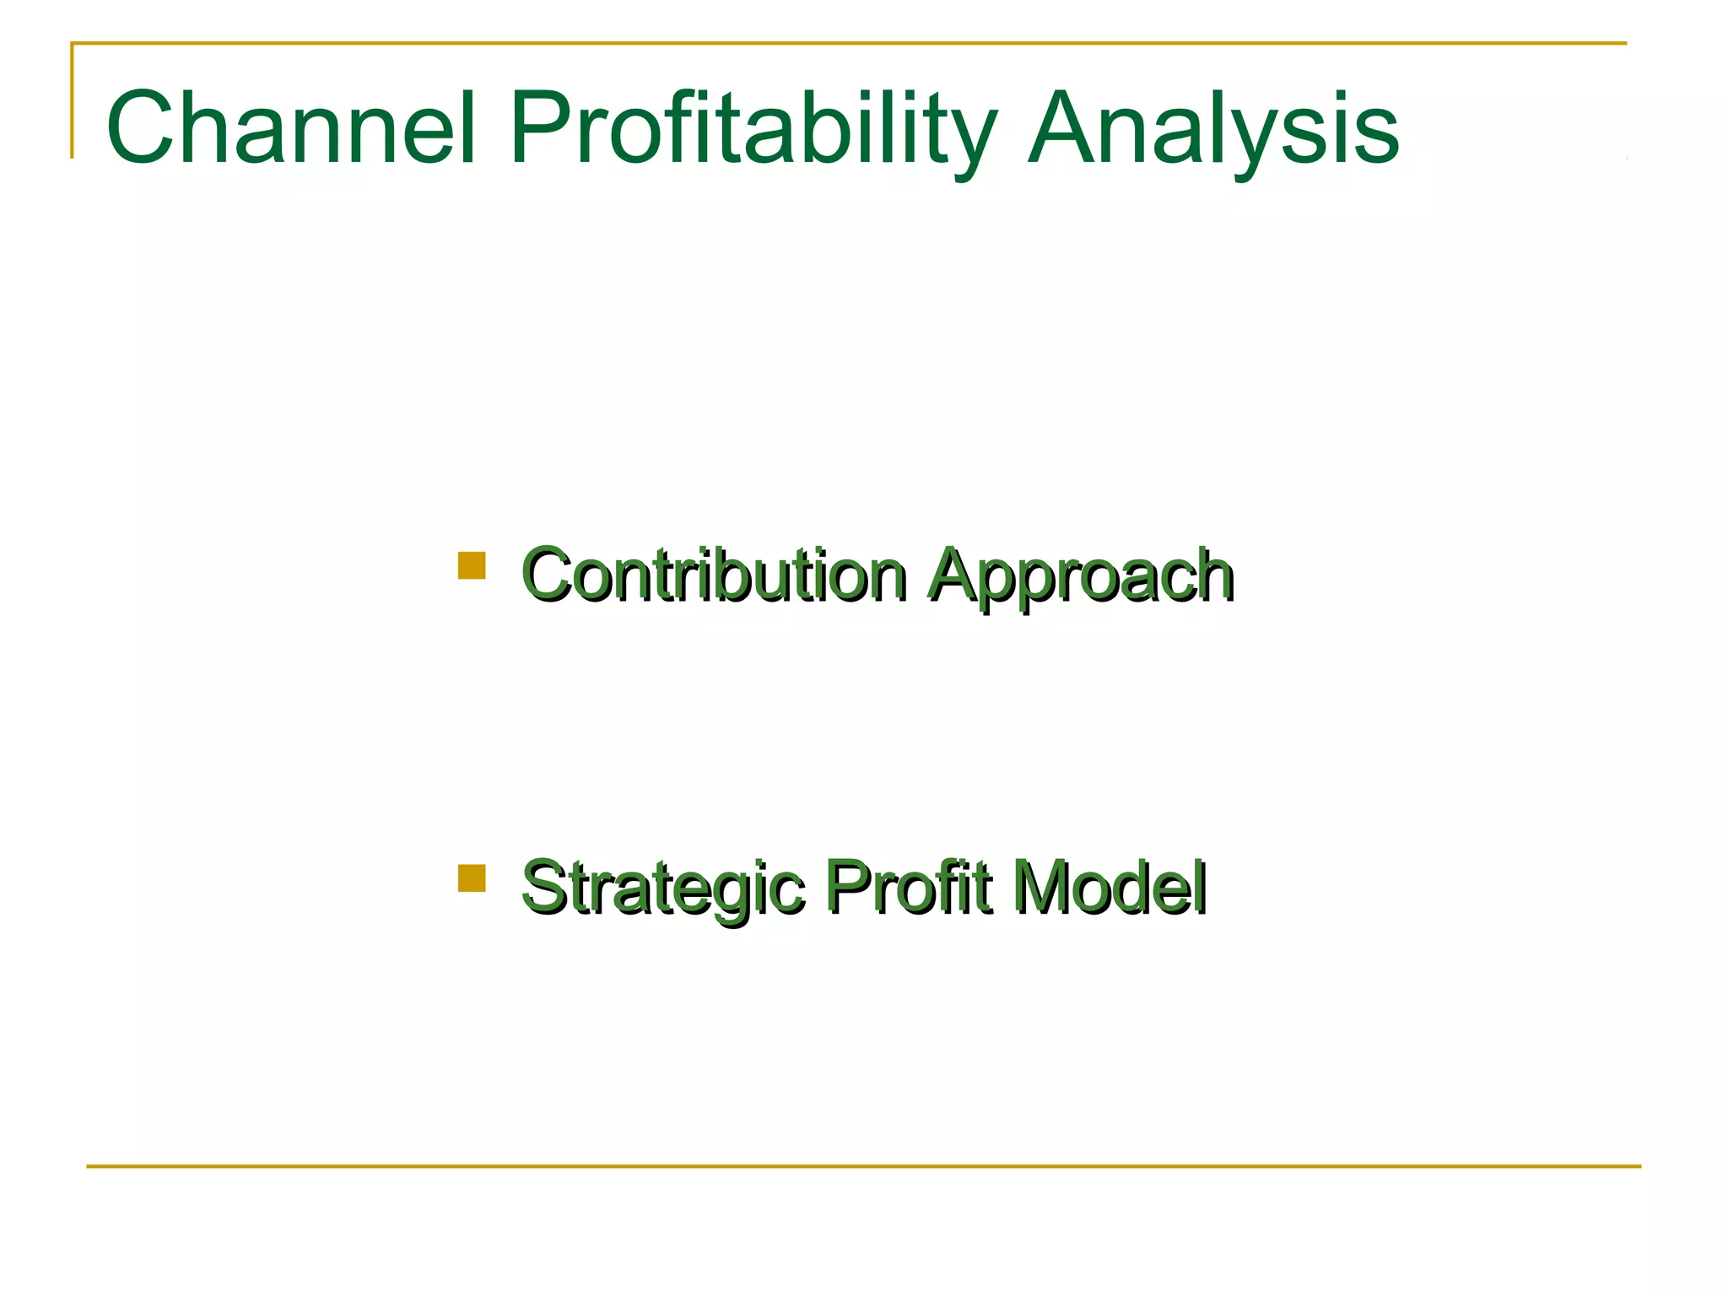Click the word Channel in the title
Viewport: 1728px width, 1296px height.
tap(291, 129)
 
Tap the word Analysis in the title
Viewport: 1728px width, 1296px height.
tap(1213, 129)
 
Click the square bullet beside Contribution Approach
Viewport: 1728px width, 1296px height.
tap(472, 565)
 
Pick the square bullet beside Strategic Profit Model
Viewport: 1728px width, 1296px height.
tap(472, 877)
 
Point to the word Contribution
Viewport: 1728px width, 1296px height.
tap(714, 575)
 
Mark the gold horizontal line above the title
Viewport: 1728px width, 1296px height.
tap(844, 43)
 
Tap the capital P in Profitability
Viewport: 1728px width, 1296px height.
tap(543, 129)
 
